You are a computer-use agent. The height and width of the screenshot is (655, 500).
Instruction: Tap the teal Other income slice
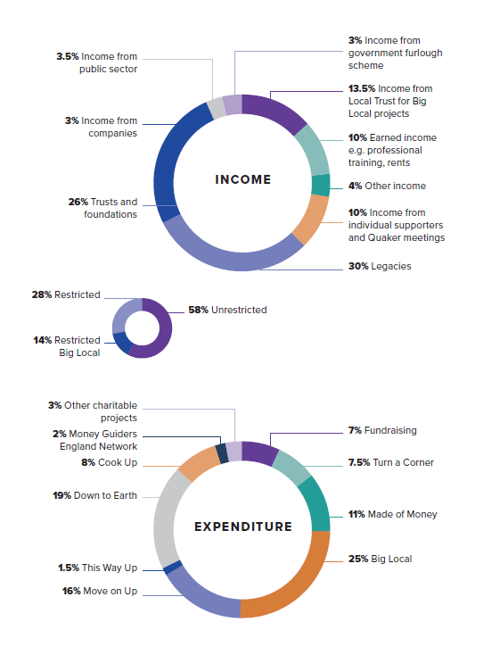321,185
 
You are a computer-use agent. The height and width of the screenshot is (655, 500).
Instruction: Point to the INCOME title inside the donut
242,179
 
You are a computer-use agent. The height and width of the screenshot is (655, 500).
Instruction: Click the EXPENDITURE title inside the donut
242,526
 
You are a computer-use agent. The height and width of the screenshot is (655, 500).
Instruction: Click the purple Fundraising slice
258,452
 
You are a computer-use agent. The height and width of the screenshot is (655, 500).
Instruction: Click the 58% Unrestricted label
227,310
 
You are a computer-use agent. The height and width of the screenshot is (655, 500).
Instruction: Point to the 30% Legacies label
380,266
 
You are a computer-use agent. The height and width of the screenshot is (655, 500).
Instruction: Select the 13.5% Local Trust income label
391,101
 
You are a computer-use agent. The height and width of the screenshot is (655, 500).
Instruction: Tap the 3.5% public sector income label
96,62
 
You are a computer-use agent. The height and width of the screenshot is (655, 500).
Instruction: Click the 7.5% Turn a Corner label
388,463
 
